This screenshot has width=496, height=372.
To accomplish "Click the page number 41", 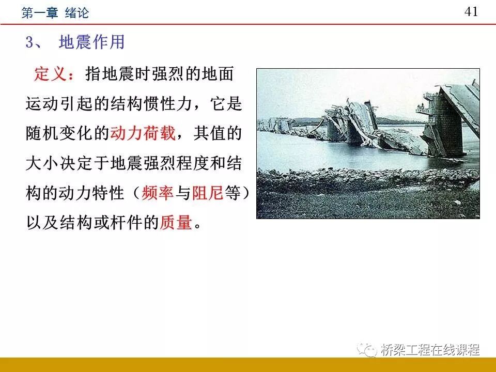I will click(471, 12).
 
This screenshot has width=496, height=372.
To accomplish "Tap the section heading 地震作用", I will click(92, 42).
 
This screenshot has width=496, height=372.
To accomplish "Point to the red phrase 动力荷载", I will click(143, 133).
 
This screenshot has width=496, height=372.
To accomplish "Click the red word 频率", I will click(158, 193).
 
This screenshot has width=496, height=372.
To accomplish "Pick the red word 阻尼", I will click(207, 193).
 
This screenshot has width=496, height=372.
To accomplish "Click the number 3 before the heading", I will click(30, 42).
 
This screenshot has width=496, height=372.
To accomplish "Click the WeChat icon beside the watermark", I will click(369, 350).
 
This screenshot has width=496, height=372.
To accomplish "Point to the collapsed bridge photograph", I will click(368, 144).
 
